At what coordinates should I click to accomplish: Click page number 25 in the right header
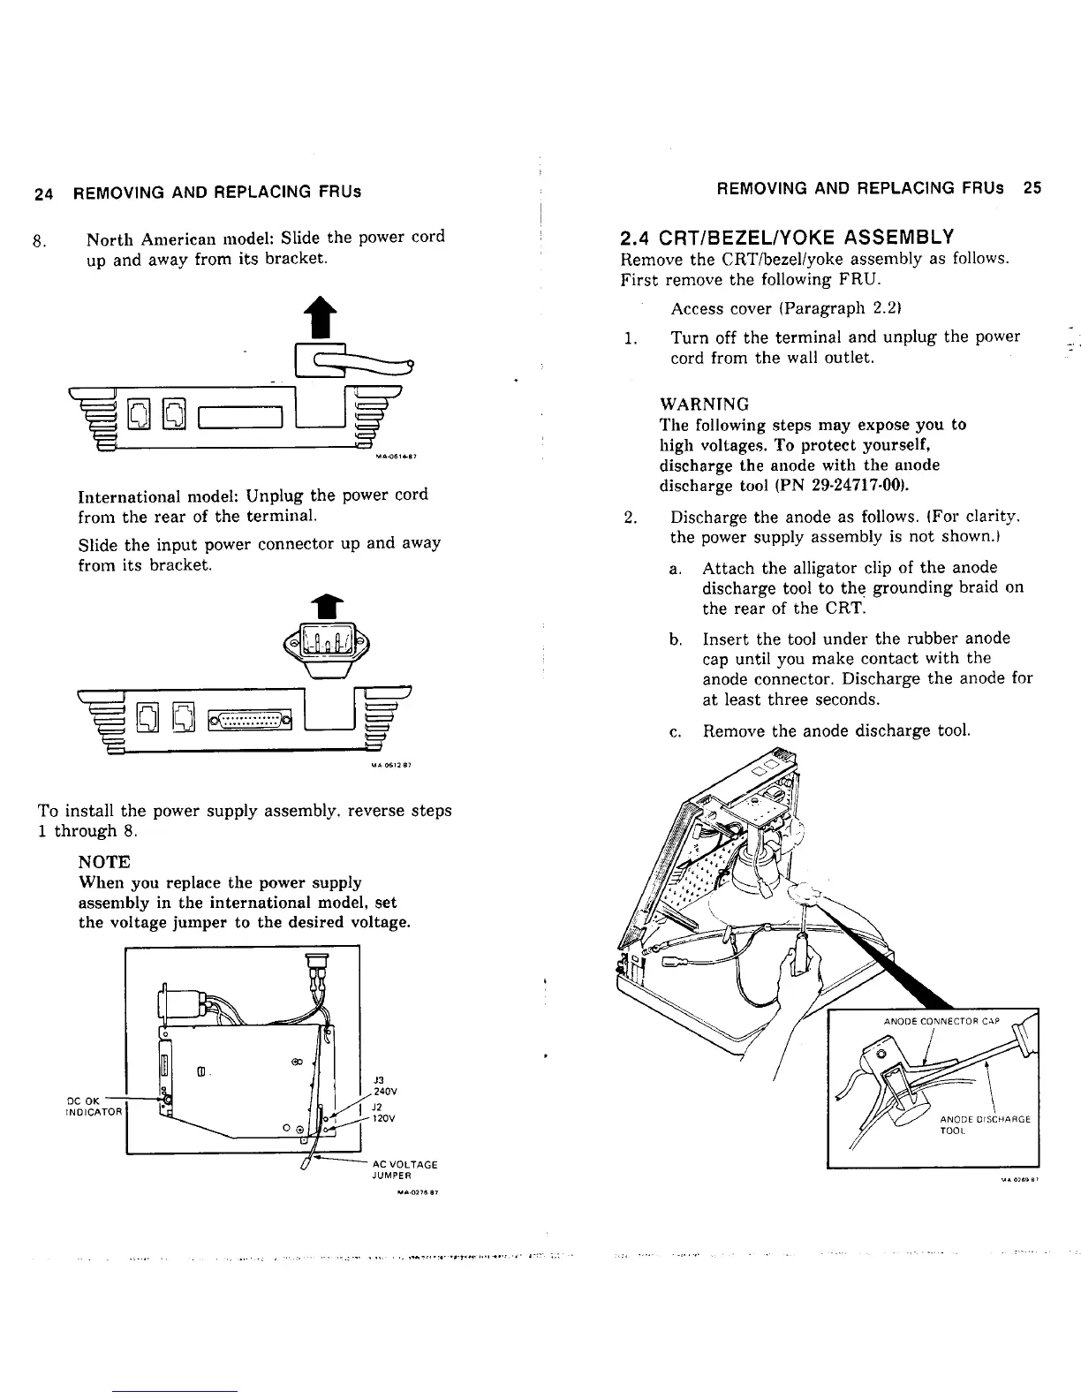[1032, 188]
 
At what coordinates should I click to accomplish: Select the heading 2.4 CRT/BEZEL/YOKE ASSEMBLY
[787, 237]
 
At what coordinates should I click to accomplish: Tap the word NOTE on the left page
[104, 861]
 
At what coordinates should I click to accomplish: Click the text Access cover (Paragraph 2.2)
[778, 308]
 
